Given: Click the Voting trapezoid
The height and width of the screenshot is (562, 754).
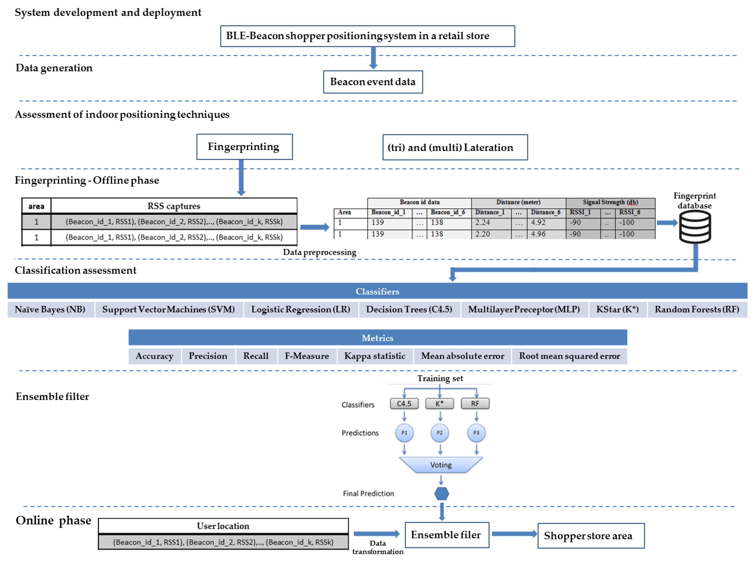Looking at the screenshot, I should tap(441, 465).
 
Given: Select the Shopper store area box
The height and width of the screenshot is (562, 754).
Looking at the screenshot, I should tap(590, 536).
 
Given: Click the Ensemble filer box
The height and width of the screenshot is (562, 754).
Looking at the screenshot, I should tap(446, 535).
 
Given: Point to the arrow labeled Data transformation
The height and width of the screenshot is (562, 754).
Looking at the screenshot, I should tap(376, 533).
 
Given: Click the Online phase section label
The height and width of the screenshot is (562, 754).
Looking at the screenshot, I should tap(53, 520).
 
